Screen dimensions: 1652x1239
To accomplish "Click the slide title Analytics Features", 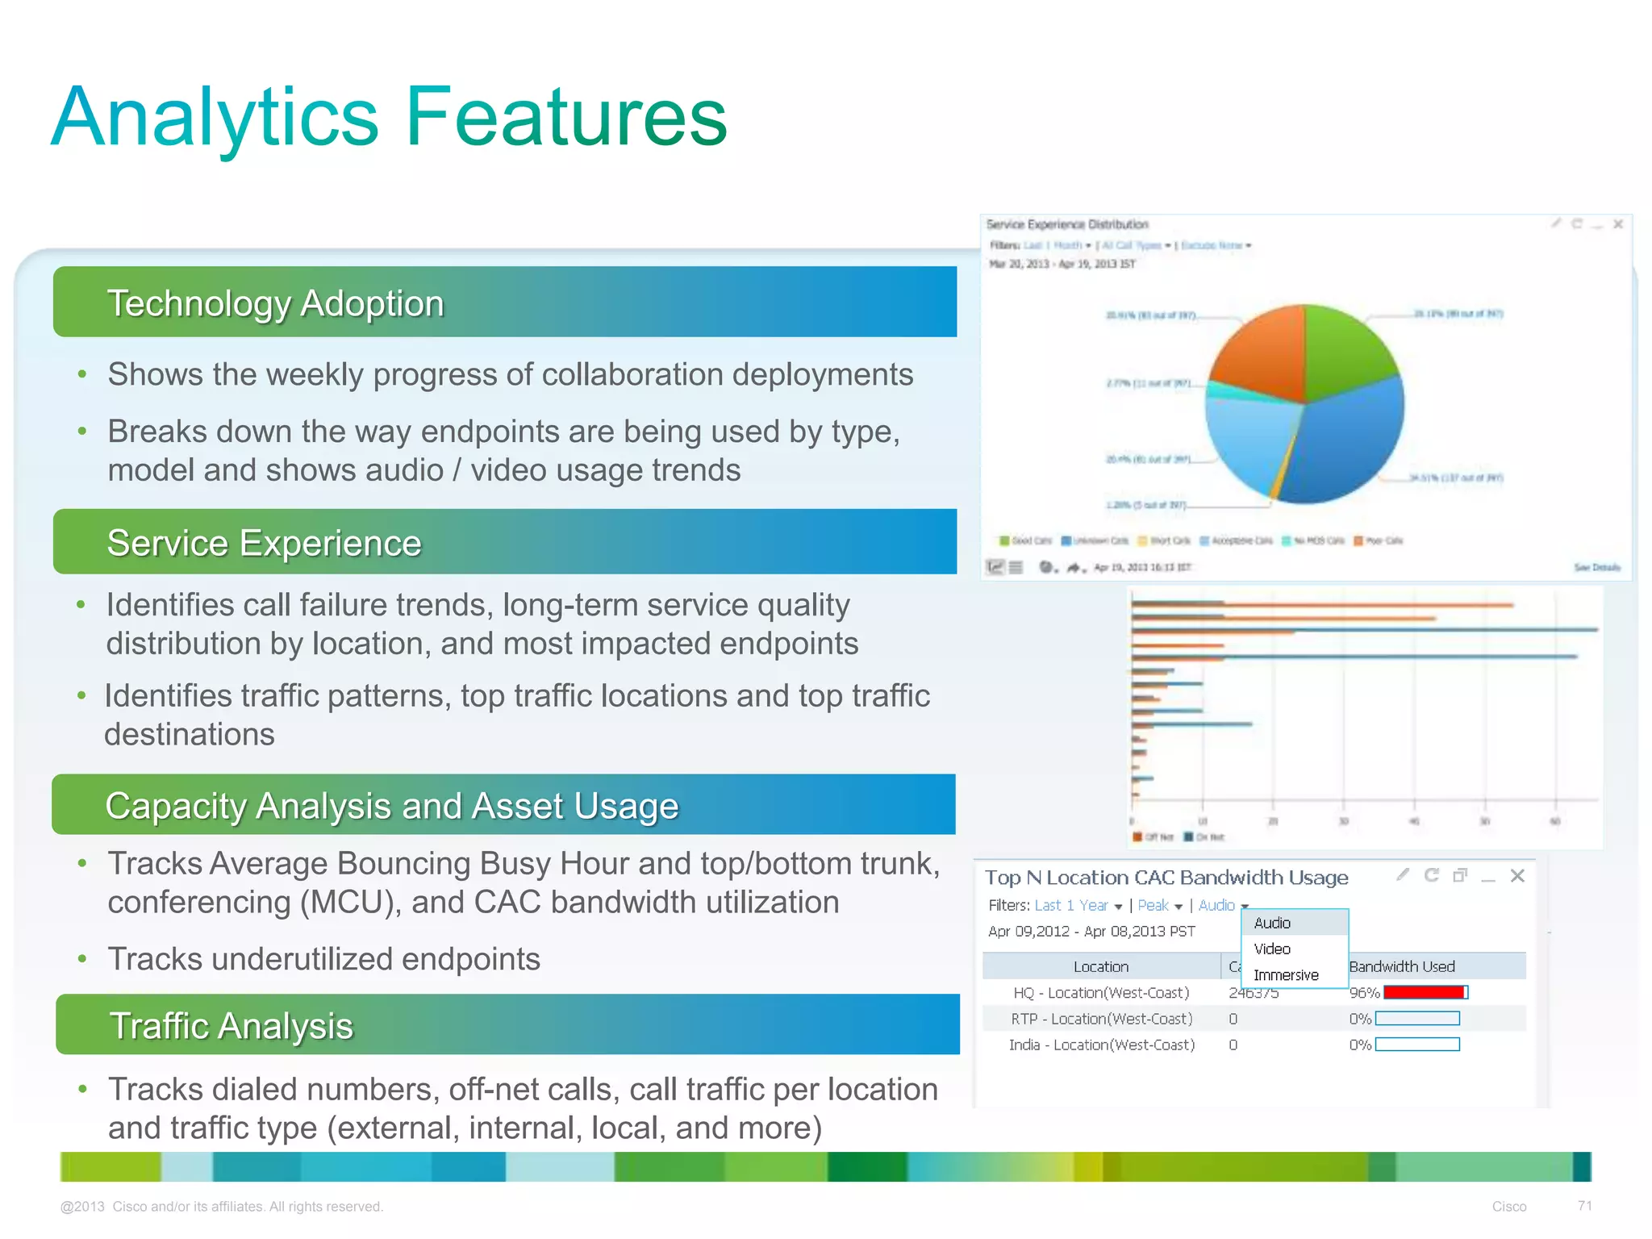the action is point(389,118).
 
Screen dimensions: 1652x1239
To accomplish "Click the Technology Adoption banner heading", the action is point(275,304).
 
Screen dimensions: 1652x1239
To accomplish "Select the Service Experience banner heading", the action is point(264,543).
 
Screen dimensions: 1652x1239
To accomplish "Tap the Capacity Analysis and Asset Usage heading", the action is point(391,806).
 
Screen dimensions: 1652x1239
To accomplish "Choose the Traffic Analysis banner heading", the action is point(231,1026).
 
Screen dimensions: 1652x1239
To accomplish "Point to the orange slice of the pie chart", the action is point(1258,351).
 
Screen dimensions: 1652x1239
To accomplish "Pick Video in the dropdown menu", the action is point(1272,949).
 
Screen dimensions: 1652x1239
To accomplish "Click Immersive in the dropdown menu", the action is point(1286,975).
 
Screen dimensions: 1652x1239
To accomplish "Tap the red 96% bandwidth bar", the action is point(1424,993).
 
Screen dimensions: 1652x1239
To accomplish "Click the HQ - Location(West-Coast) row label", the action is point(1101,993).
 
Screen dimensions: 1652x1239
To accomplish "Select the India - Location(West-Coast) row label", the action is point(1101,1045).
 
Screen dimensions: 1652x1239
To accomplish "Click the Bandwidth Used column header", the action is point(1402,966).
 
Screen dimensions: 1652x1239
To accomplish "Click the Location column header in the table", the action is point(1100,966).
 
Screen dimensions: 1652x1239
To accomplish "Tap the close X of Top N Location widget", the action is point(1517,876).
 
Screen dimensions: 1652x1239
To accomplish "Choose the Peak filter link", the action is point(1153,906).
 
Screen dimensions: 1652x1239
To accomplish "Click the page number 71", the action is point(1584,1206).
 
